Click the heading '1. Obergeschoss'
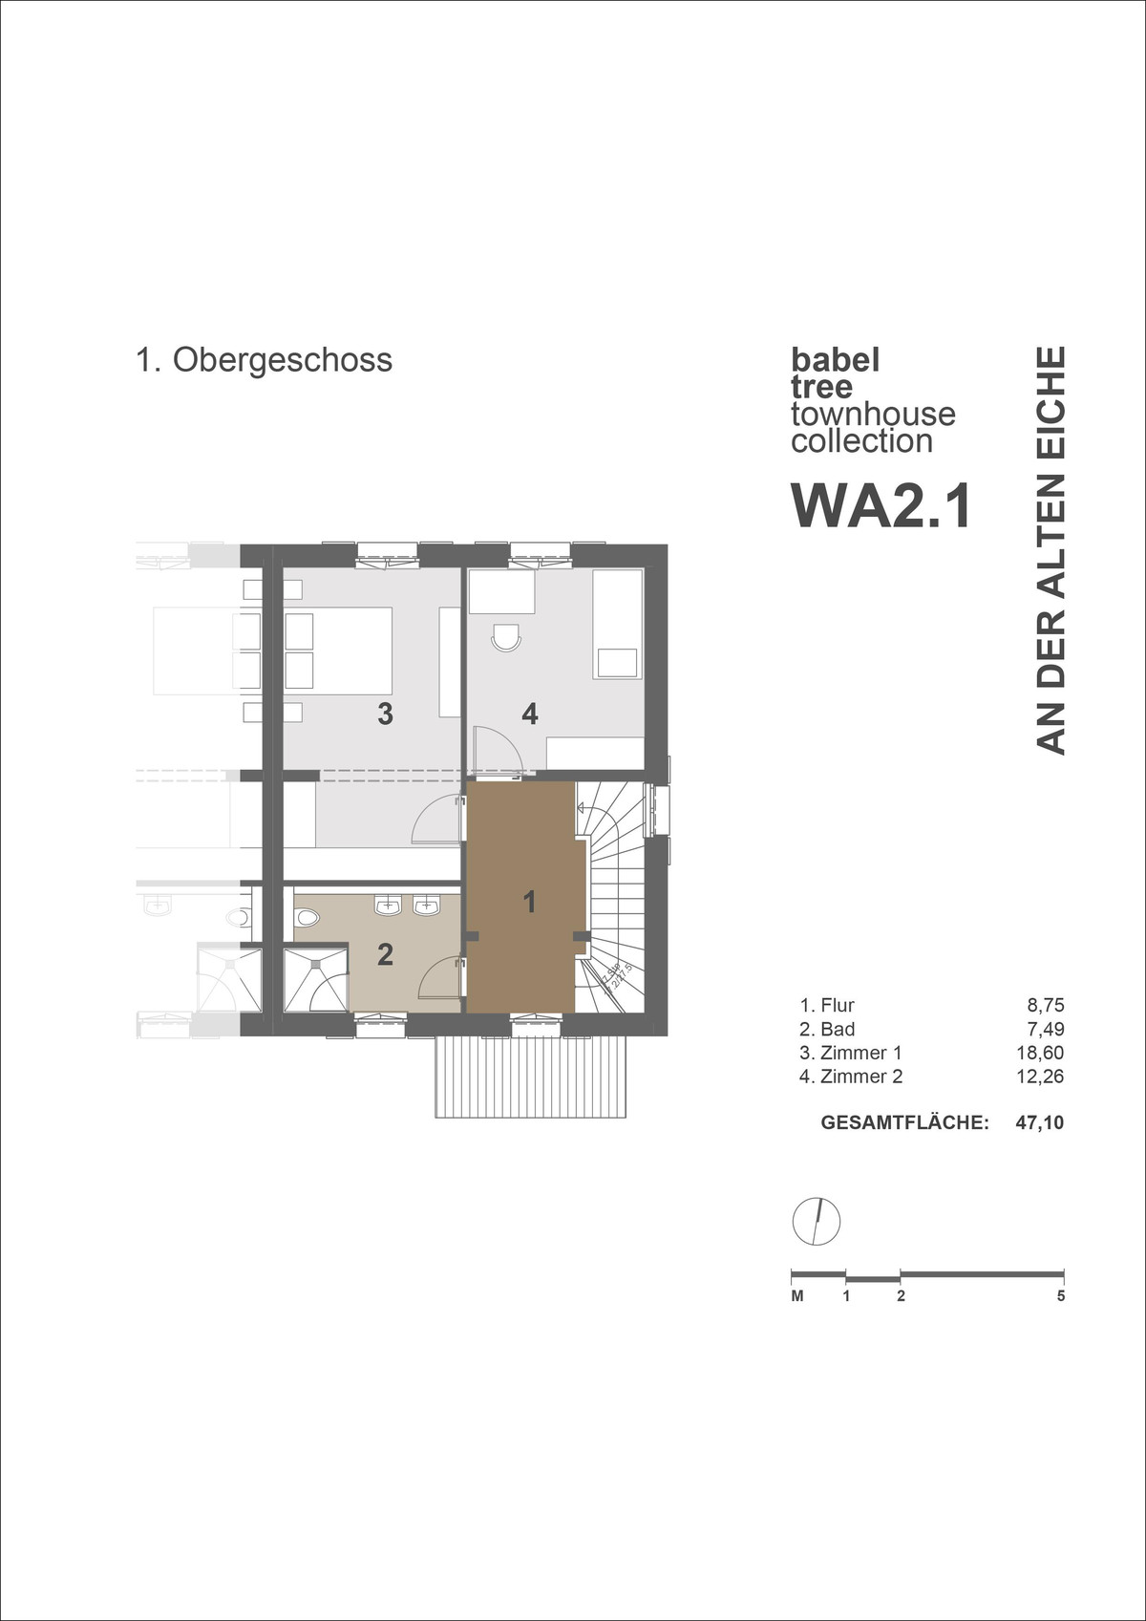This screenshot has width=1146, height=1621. (264, 360)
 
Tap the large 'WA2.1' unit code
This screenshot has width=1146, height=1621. (881, 506)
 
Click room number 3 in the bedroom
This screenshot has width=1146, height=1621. (385, 714)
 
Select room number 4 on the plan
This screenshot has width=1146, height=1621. (530, 714)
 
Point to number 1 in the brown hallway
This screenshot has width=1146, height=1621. (530, 901)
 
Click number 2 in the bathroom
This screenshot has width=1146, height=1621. (385, 953)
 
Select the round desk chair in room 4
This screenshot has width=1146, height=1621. (505, 637)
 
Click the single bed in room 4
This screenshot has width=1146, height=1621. (617, 624)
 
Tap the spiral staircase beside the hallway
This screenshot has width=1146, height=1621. (611, 898)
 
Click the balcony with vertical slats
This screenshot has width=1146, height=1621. (531, 1077)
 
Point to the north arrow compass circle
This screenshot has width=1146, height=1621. (817, 1221)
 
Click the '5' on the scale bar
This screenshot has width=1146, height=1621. (1061, 1296)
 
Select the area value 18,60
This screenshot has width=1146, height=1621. (1040, 1053)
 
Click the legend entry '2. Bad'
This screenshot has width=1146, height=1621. (827, 1029)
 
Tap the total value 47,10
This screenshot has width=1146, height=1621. (1040, 1122)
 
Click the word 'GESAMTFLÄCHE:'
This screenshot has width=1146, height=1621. (904, 1122)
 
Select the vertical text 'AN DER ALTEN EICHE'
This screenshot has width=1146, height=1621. (1050, 550)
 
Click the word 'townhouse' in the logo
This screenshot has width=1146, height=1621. (873, 414)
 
